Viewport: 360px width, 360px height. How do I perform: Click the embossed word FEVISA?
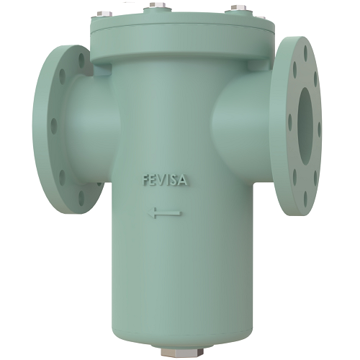[165, 181]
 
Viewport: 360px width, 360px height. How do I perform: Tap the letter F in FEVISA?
[145, 180]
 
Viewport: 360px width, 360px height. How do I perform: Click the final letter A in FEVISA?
[183, 181]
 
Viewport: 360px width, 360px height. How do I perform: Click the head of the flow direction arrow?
[152, 213]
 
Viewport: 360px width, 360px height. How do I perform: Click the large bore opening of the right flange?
[305, 126]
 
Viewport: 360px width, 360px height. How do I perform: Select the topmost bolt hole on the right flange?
[306, 53]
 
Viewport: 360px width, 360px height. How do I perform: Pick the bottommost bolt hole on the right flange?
[305, 199]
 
